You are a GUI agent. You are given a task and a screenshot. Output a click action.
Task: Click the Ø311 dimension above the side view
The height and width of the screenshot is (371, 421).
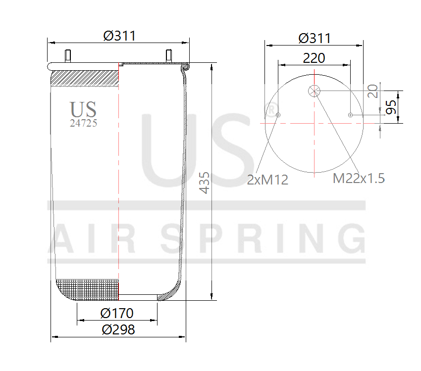click(119, 36)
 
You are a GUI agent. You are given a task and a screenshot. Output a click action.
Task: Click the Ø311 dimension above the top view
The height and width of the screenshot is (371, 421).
click(315, 38)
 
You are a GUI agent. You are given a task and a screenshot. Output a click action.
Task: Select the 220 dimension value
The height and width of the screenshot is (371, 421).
click(314, 58)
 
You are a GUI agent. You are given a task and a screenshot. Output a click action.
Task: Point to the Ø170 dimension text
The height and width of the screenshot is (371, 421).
click(117, 313)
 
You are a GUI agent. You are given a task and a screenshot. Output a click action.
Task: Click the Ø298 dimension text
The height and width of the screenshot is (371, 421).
click(118, 329)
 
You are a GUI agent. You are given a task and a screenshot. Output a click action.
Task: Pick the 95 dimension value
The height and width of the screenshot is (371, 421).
click(391, 107)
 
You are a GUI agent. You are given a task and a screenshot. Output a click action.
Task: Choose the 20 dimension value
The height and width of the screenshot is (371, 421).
click(373, 91)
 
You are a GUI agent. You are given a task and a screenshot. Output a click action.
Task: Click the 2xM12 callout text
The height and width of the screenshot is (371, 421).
click(267, 180)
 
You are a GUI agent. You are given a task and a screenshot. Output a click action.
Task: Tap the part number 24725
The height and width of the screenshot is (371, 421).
click(83, 124)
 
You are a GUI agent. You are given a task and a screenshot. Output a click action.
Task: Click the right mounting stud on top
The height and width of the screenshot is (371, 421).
click(168, 55)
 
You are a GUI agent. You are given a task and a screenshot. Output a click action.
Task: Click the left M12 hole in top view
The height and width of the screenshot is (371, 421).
click(278, 115)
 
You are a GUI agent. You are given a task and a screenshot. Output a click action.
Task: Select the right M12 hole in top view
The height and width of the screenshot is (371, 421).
click(351, 115)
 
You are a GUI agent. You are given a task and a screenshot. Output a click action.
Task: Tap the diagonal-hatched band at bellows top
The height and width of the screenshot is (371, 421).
click(85, 78)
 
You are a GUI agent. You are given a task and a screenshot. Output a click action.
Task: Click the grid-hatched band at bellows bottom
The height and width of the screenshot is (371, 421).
click(88, 289)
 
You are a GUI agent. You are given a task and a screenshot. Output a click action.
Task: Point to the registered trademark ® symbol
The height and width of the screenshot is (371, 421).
click(271, 109)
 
